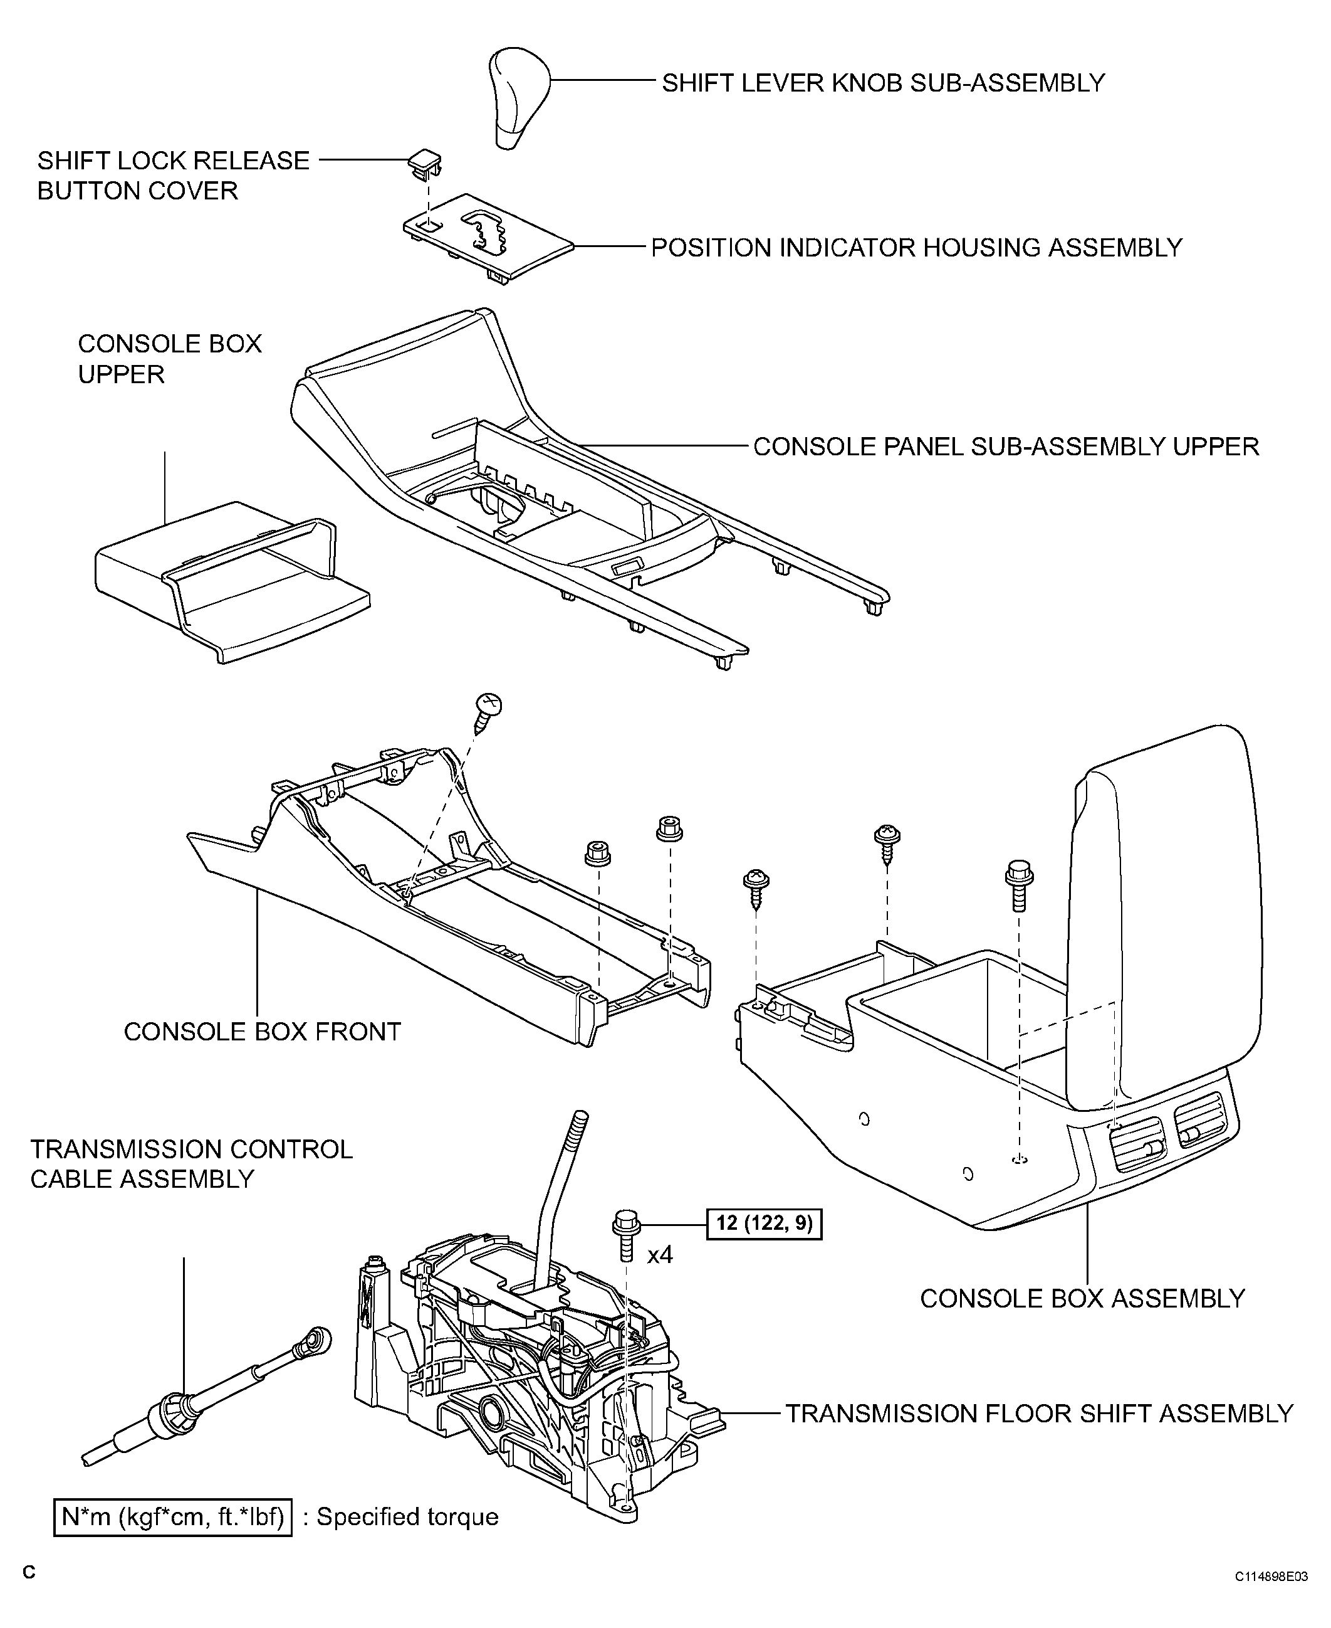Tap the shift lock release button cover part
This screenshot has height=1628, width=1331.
(425, 162)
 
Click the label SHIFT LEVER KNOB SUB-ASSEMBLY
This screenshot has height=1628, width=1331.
(883, 83)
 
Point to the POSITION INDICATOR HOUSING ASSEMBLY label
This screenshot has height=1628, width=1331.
(916, 248)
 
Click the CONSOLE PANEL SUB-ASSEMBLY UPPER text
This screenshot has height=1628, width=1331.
(1006, 447)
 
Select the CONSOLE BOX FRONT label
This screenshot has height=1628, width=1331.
(262, 1031)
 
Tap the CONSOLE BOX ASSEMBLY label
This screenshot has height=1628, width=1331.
(1082, 1298)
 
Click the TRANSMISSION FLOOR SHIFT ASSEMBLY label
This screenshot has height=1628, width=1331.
(1039, 1413)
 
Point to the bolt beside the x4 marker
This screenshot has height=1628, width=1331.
(625, 1236)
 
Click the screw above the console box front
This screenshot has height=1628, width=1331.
(488, 712)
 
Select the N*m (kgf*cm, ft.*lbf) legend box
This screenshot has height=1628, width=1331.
(172, 1517)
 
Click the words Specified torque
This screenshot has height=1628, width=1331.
(407, 1517)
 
